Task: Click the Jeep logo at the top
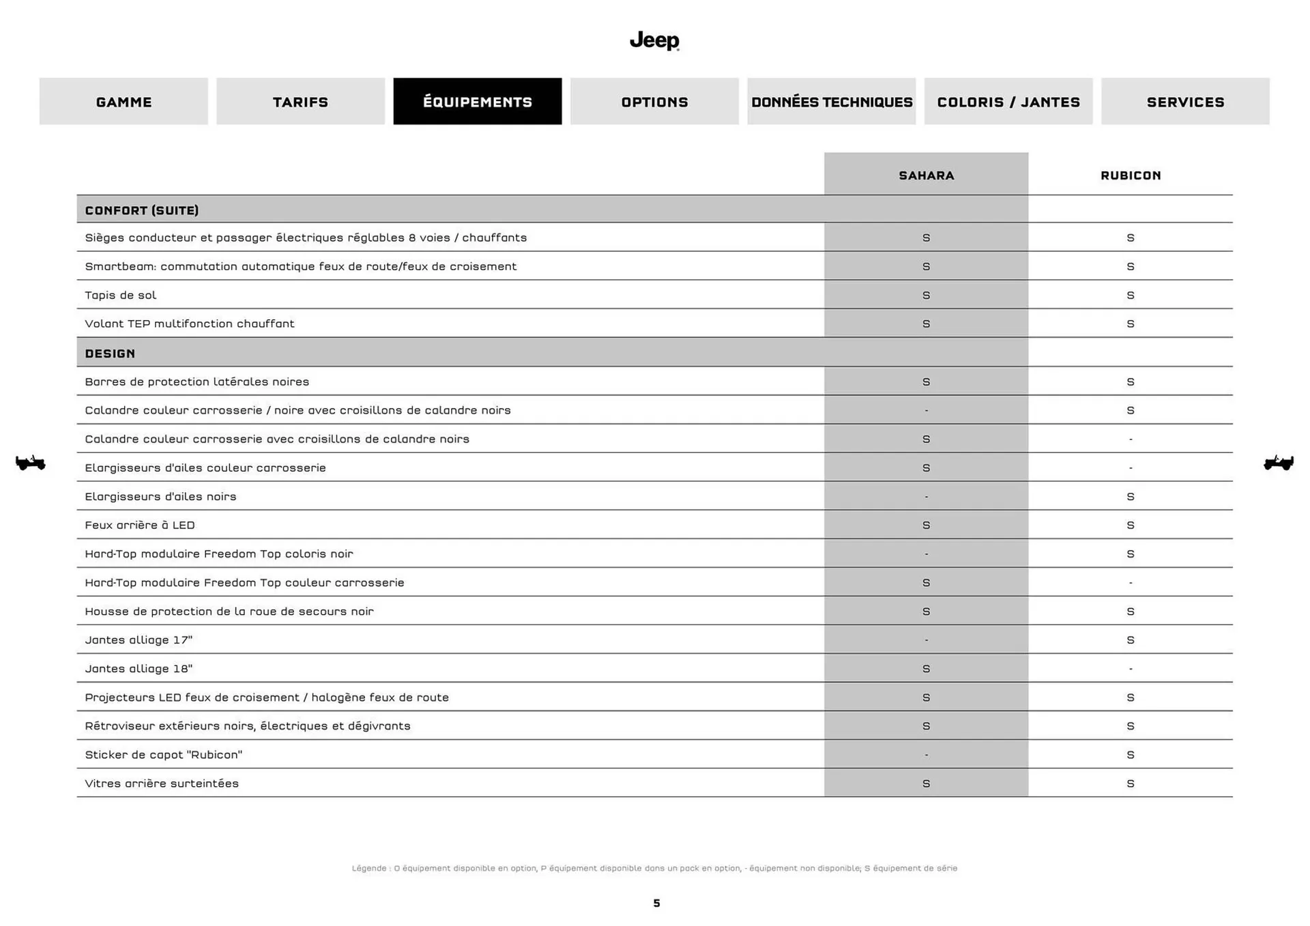pos(654,41)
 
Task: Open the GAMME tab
pos(123,102)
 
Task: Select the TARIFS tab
pos(300,102)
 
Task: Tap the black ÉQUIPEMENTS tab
pos(478,102)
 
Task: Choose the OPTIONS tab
pos(654,102)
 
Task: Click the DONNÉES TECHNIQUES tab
pos(831,102)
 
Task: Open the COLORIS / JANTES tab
pos(1008,102)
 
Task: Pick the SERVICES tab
pos(1185,102)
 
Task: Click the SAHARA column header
pos(926,175)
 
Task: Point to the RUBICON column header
pos(1131,175)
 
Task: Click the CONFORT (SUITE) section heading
pos(142,210)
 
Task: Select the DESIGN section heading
pos(110,353)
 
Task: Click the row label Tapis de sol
pos(121,295)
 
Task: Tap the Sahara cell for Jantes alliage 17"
pos(926,640)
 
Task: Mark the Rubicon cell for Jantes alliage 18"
pos(1131,669)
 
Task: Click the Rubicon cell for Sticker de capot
pos(1131,755)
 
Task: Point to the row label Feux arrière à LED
pos(140,525)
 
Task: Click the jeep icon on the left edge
pos(30,463)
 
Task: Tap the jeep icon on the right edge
pos(1279,463)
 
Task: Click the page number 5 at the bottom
pos(656,903)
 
